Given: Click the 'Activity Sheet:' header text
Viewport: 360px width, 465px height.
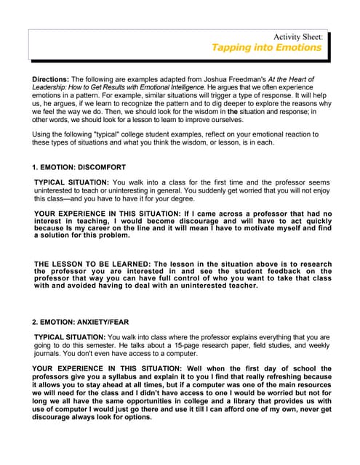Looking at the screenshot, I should pos(297,36).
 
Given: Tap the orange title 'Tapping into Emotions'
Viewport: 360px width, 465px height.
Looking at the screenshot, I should pos(266,47).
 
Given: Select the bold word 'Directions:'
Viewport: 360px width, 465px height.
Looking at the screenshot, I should pos(53,78).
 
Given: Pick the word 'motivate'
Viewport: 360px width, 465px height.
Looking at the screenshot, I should pos(243,227).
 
